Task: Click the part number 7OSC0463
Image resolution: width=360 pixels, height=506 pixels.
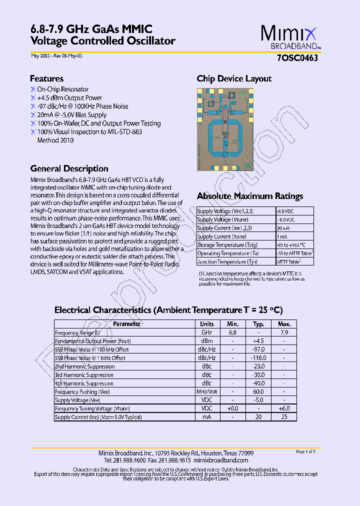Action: [x=297, y=57]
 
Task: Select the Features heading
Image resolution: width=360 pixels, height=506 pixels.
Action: [x=46, y=78]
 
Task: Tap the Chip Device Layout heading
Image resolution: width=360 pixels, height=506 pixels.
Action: [x=234, y=78]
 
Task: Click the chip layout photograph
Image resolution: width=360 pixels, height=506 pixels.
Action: [x=225, y=129]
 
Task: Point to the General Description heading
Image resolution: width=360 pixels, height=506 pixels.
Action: [x=69, y=168]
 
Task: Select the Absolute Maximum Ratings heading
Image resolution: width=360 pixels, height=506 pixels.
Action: [x=250, y=196]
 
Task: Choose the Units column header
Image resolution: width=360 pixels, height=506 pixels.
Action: [x=206, y=324]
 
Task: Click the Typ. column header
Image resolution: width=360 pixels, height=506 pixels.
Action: [x=258, y=324]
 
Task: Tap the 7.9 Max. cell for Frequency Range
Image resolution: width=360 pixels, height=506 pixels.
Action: [x=284, y=332]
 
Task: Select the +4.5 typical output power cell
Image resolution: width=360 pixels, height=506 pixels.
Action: [x=258, y=341]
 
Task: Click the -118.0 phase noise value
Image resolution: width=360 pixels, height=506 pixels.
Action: [x=258, y=358]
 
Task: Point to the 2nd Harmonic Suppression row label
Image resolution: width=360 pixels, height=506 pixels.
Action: [x=84, y=366]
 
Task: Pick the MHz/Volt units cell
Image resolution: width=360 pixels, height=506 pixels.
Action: [x=206, y=392]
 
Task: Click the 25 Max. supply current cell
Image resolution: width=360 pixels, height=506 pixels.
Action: [x=284, y=417]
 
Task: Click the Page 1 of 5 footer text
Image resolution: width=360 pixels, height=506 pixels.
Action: [x=305, y=451]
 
